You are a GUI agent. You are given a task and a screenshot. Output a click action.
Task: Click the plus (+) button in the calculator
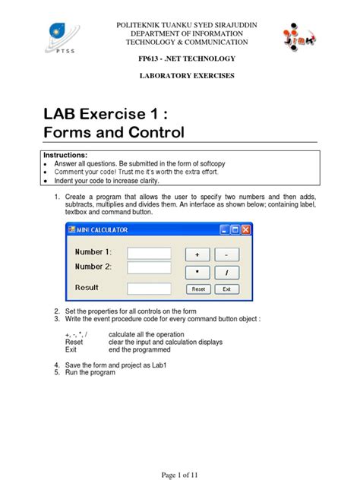pos(197,254)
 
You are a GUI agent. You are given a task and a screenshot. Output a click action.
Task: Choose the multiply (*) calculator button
pos(197,271)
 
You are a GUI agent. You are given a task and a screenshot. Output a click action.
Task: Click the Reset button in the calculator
pos(197,289)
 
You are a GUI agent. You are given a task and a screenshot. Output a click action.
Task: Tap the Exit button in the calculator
pos(226,289)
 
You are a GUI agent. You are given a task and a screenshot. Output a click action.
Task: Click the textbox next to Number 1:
pos(149,253)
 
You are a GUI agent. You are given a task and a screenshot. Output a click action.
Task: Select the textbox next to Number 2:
pos(149,267)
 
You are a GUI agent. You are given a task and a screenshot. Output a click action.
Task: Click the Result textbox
pos(149,289)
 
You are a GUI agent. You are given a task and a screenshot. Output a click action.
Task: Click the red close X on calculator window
pos(245,229)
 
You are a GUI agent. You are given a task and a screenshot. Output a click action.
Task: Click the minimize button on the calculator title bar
pos(225,229)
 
